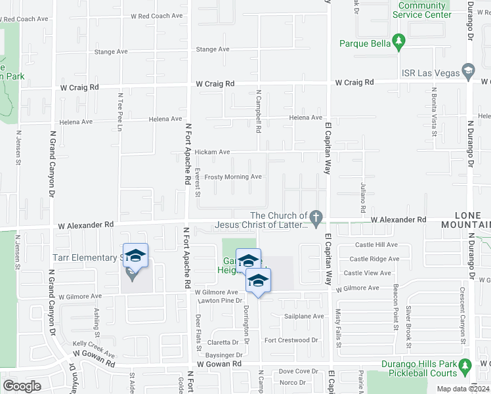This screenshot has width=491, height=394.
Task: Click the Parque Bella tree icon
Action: [x=398, y=43]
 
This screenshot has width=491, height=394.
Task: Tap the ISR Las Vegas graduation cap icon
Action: [x=468, y=71]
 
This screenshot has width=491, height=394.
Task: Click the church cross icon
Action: [x=316, y=217]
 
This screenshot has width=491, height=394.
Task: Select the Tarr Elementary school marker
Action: [x=135, y=257]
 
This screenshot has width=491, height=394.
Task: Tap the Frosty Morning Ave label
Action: [x=233, y=177]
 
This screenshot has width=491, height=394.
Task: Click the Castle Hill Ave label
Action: [x=374, y=244]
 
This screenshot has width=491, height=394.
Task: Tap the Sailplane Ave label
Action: [x=304, y=317]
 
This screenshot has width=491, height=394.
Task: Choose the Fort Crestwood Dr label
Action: [x=291, y=340]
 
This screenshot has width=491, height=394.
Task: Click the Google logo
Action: [x=22, y=386]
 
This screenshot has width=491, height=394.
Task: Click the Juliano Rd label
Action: [x=363, y=198]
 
